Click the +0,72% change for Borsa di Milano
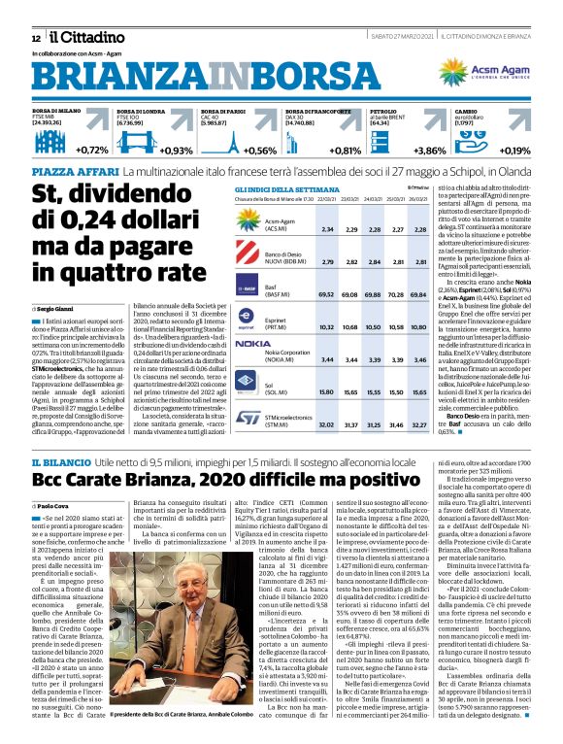(x=92, y=150)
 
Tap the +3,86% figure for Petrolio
(x=430, y=150)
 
